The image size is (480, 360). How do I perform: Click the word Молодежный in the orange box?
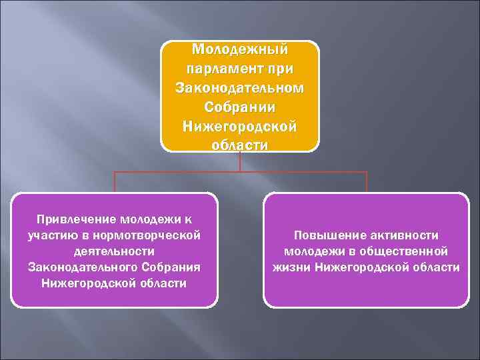(x=240, y=50)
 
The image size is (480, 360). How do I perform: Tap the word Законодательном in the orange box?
(x=240, y=88)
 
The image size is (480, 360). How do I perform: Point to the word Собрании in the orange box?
(x=240, y=107)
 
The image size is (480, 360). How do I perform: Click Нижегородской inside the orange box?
(x=240, y=126)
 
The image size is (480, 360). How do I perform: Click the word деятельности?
(x=114, y=251)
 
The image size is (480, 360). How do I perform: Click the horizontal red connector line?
(x=240, y=172)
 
